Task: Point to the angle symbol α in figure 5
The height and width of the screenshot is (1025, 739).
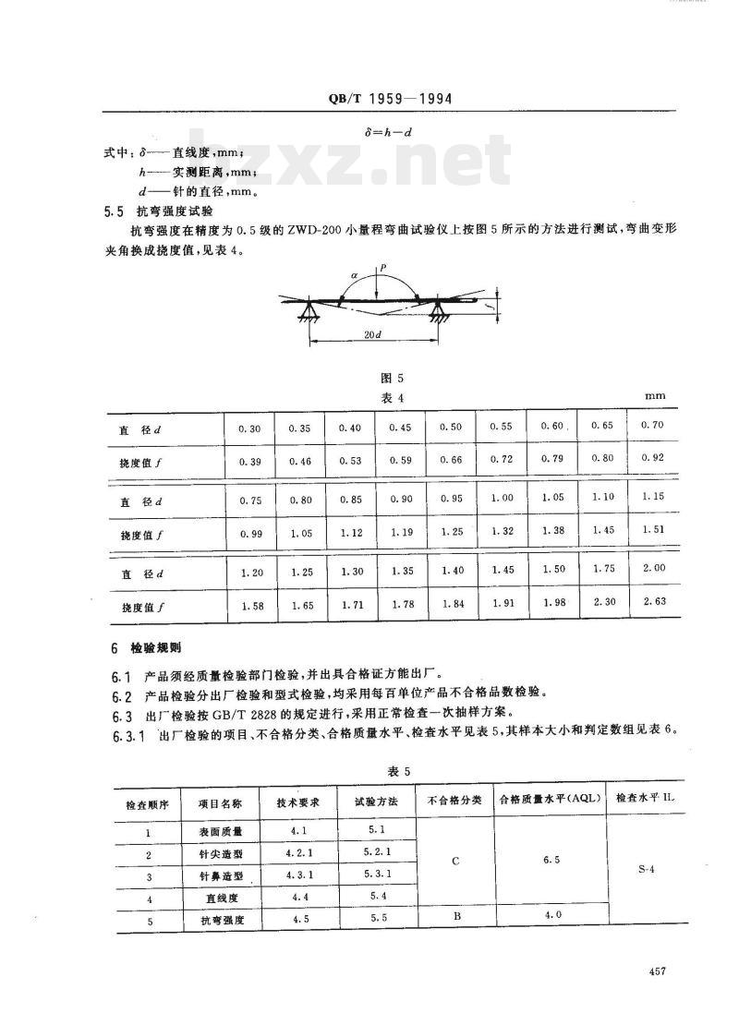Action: [x=354, y=274]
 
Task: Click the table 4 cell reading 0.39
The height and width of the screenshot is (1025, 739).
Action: [x=249, y=460]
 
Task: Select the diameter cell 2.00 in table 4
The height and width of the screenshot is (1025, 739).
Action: [x=652, y=569]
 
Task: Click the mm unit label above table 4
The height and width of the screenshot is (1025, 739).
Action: [x=656, y=395]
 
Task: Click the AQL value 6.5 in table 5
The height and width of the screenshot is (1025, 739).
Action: [x=551, y=860]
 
